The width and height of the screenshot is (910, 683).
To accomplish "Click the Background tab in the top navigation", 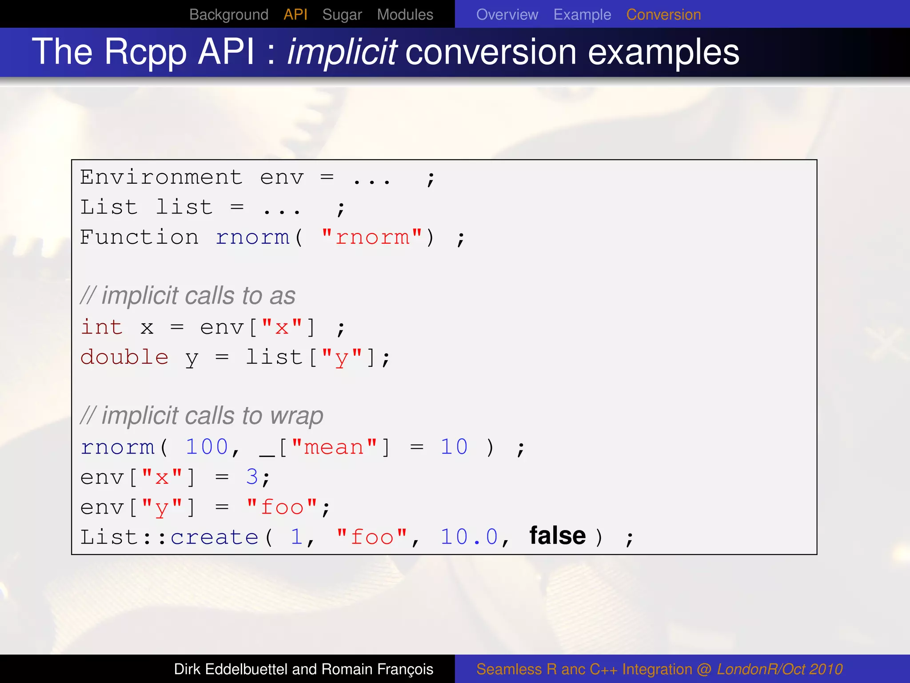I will [228, 15].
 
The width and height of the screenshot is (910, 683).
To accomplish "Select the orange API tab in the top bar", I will [295, 15].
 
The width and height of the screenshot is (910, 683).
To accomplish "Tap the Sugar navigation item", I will [342, 15].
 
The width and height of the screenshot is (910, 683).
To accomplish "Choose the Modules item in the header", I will [405, 15].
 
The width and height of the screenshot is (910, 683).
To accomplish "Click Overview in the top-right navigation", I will [507, 15].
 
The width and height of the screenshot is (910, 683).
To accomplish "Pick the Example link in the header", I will [582, 15].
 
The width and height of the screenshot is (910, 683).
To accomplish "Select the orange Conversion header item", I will [663, 15].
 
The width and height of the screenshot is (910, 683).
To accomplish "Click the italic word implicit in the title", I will [342, 52].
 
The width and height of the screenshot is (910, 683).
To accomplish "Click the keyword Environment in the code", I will [161, 178].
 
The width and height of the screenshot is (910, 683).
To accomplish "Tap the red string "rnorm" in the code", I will [372, 237].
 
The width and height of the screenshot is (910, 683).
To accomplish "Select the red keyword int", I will [102, 327].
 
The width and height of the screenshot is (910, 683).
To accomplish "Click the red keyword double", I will [124, 357].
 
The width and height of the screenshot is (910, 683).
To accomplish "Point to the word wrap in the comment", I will [296, 416].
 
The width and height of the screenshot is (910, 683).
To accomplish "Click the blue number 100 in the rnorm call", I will [207, 446].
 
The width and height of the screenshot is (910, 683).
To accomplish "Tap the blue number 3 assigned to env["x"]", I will [252, 477].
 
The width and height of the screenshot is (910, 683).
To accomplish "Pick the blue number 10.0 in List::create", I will [469, 537].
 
